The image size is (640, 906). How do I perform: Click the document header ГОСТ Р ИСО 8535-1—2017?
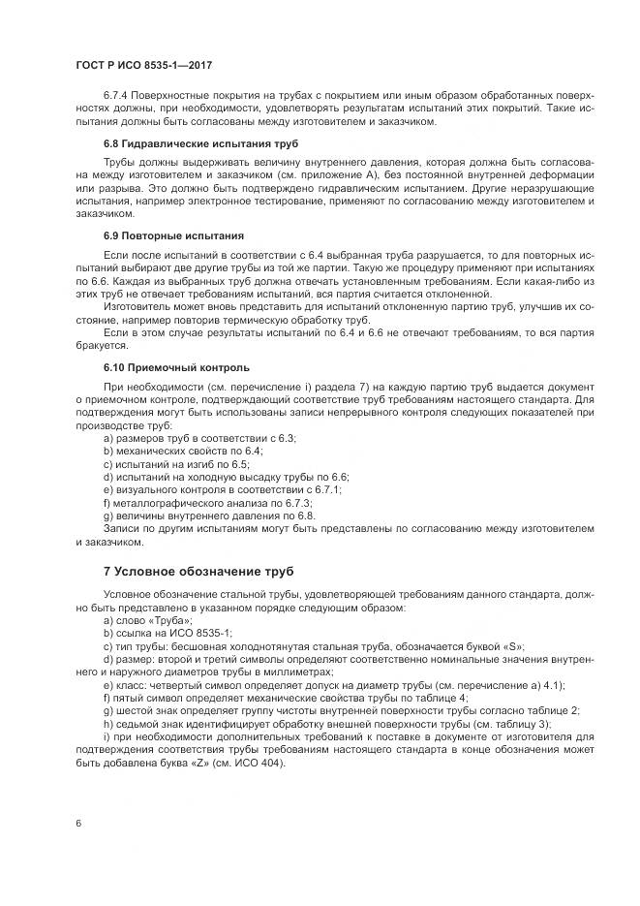coord(143,65)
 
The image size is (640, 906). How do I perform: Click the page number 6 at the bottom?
coord(77,823)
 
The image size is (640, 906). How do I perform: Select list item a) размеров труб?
coord(199,438)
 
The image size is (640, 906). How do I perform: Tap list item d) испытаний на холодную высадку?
coord(226,477)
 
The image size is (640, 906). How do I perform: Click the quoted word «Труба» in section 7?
coord(173,619)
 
